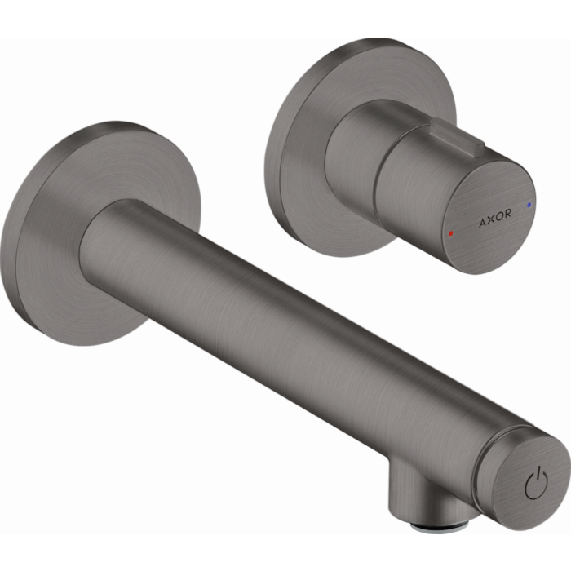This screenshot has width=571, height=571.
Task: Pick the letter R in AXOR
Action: (x=508, y=215)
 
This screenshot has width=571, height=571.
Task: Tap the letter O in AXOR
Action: (x=499, y=215)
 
